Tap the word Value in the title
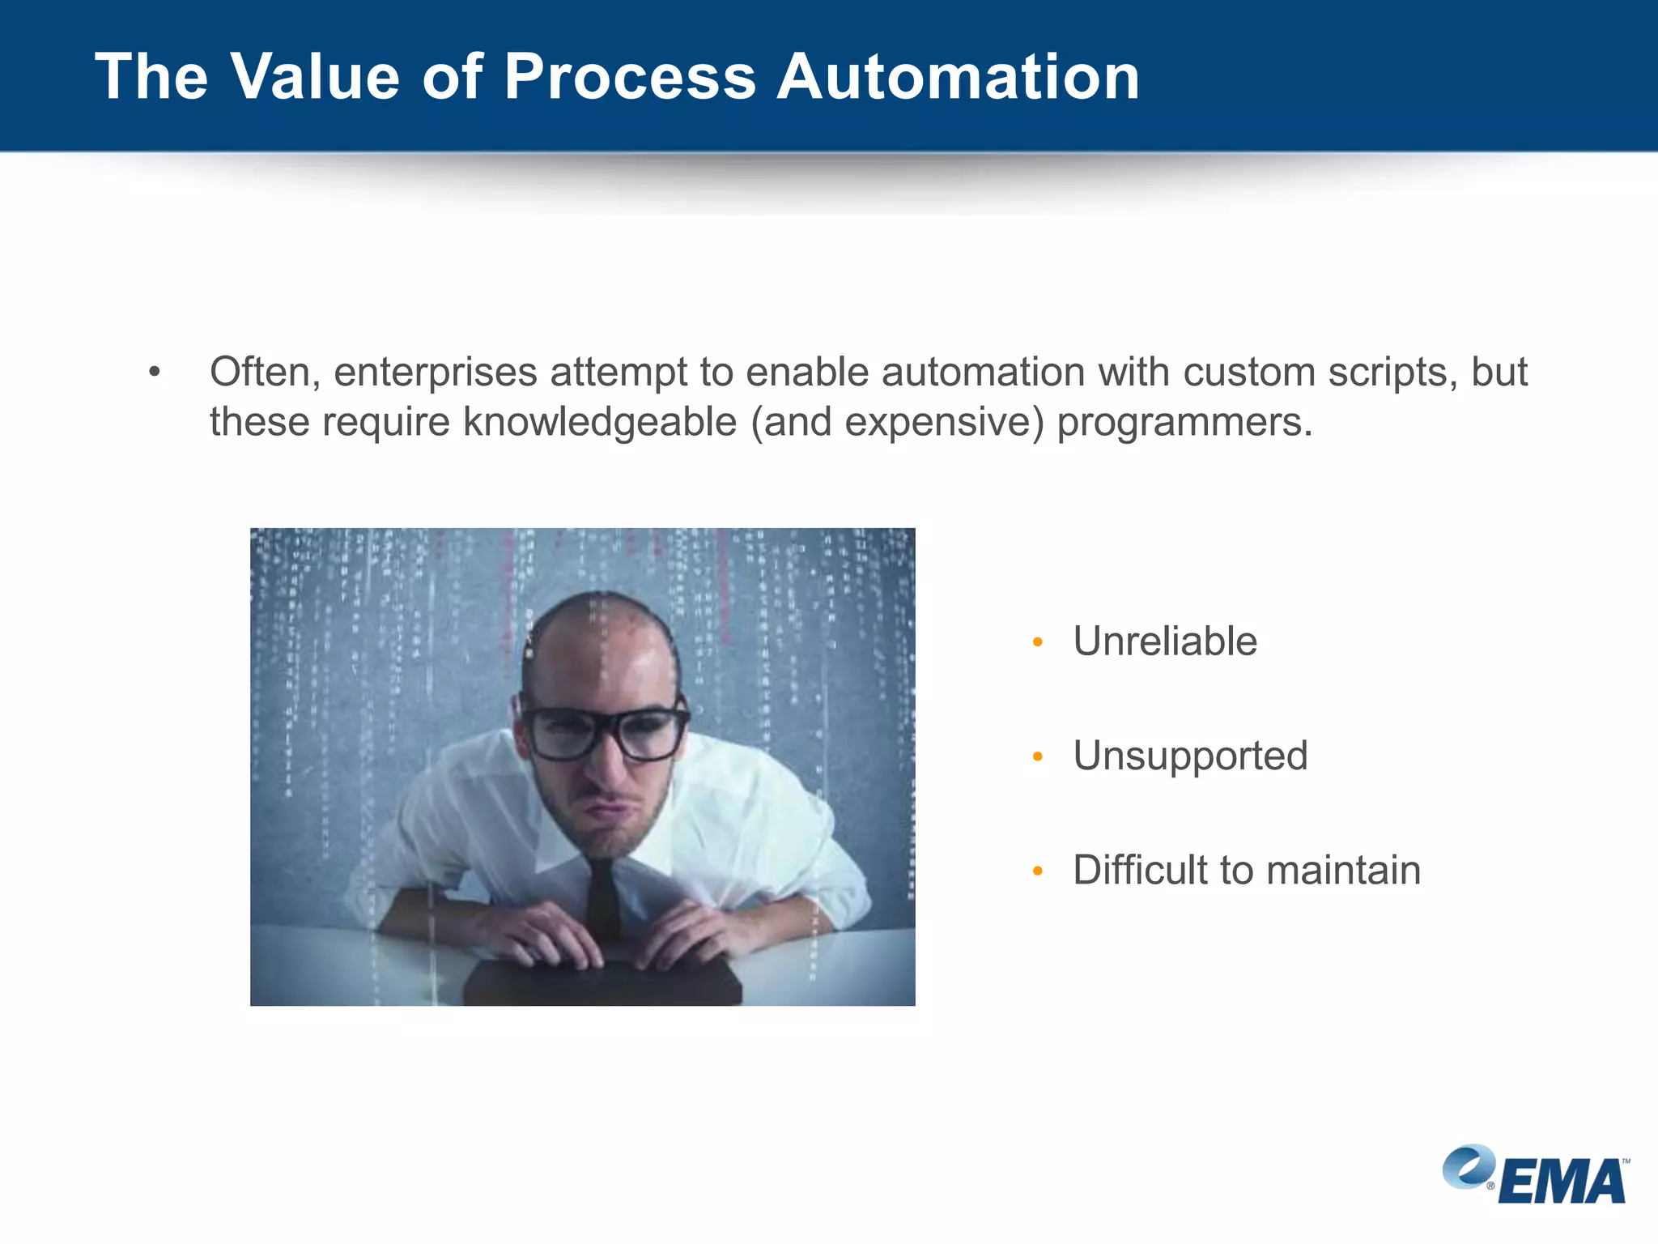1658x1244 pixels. coord(316,77)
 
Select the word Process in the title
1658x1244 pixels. coord(630,77)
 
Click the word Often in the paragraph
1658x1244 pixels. coord(260,373)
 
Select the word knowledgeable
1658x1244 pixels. coord(600,423)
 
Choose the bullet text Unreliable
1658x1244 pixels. coord(1164,641)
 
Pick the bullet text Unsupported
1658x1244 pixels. coord(1190,756)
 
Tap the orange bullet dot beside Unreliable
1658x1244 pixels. coord(1038,643)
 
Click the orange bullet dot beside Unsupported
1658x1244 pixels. coord(1038,757)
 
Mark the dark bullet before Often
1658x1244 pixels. coord(155,373)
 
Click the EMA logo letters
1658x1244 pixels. coord(1562,1182)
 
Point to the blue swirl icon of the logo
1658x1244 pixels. coord(1468,1166)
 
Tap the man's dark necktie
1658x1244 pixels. coord(603,899)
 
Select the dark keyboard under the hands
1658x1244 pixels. coord(602,983)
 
